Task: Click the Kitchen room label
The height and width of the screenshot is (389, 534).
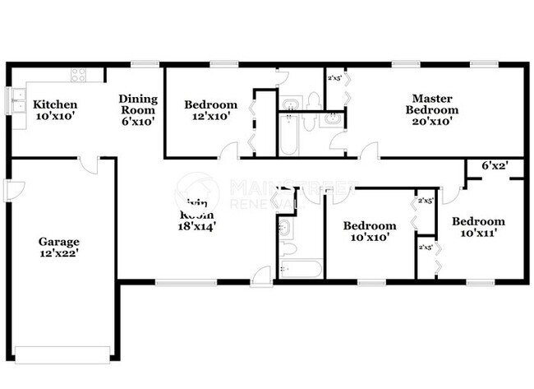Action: tap(55, 104)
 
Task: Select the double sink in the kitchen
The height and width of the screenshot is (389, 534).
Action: tap(18, 100)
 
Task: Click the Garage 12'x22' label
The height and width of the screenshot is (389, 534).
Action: tap(59, 248)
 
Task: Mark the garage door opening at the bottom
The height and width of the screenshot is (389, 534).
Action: tap(62, 355)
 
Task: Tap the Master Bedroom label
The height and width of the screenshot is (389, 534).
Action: tap(435, 104)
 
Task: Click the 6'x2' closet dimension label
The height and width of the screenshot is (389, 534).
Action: tap(495, 165)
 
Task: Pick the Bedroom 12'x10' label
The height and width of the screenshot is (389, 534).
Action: tap(210, 110)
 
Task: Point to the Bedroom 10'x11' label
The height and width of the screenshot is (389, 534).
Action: tap(477, 227)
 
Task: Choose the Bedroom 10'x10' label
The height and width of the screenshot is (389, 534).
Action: tap(369, 231)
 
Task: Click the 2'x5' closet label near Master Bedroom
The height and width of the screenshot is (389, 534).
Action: tap(334, 79)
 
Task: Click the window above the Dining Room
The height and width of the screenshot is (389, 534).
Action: tap(145, 64)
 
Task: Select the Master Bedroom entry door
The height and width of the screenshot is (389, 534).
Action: tap(370, 151)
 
